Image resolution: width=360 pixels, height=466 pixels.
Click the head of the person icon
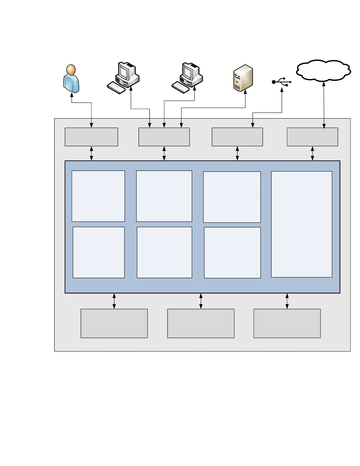pos(71,70)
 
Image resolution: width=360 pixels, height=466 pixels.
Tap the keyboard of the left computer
pos(116,88)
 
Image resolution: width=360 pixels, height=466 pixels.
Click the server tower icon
pos(243,78)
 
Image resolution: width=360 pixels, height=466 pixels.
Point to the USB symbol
pos(282,82)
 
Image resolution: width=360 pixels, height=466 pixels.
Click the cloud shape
pos(323,71)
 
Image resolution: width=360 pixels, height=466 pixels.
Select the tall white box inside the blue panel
pos(301,224)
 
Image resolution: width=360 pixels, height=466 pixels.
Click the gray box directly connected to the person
pos(91,137)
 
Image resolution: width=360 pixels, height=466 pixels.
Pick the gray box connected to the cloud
pos(312,137)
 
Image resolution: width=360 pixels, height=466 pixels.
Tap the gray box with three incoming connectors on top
pos(164,137)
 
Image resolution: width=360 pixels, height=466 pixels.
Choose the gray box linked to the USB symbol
pos(237,137)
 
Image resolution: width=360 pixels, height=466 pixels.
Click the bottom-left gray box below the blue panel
pos(114,323)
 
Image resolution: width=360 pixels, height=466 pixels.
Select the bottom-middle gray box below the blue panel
pos(201,323)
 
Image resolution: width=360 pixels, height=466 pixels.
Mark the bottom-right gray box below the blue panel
pos(287,323)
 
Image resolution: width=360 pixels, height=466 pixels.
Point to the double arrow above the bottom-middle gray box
pos(201,301)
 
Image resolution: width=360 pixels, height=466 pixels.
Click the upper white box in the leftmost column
pos(98,196)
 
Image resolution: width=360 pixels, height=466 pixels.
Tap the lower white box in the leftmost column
pos(99,252)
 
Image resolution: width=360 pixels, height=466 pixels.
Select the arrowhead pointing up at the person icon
pos(71,95)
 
